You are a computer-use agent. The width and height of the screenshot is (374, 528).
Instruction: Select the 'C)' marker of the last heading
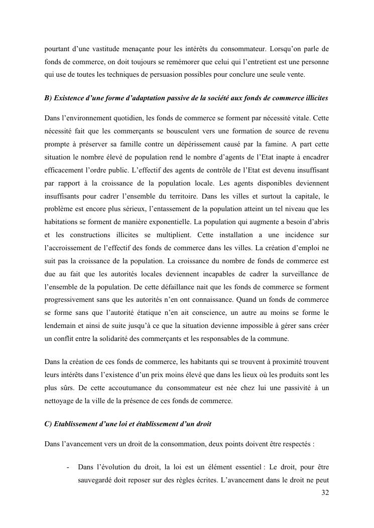[48, 424]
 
